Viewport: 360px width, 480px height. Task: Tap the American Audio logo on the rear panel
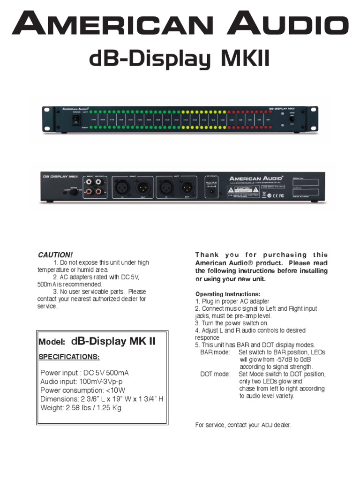point(256,178)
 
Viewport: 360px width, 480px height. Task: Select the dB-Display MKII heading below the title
point(180,60)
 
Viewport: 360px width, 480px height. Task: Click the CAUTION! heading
point(55,255)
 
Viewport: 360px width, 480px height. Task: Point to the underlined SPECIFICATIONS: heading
point(70,357)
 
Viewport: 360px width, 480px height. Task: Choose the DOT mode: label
point(215,374)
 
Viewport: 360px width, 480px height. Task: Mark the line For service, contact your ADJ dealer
point(243,425)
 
